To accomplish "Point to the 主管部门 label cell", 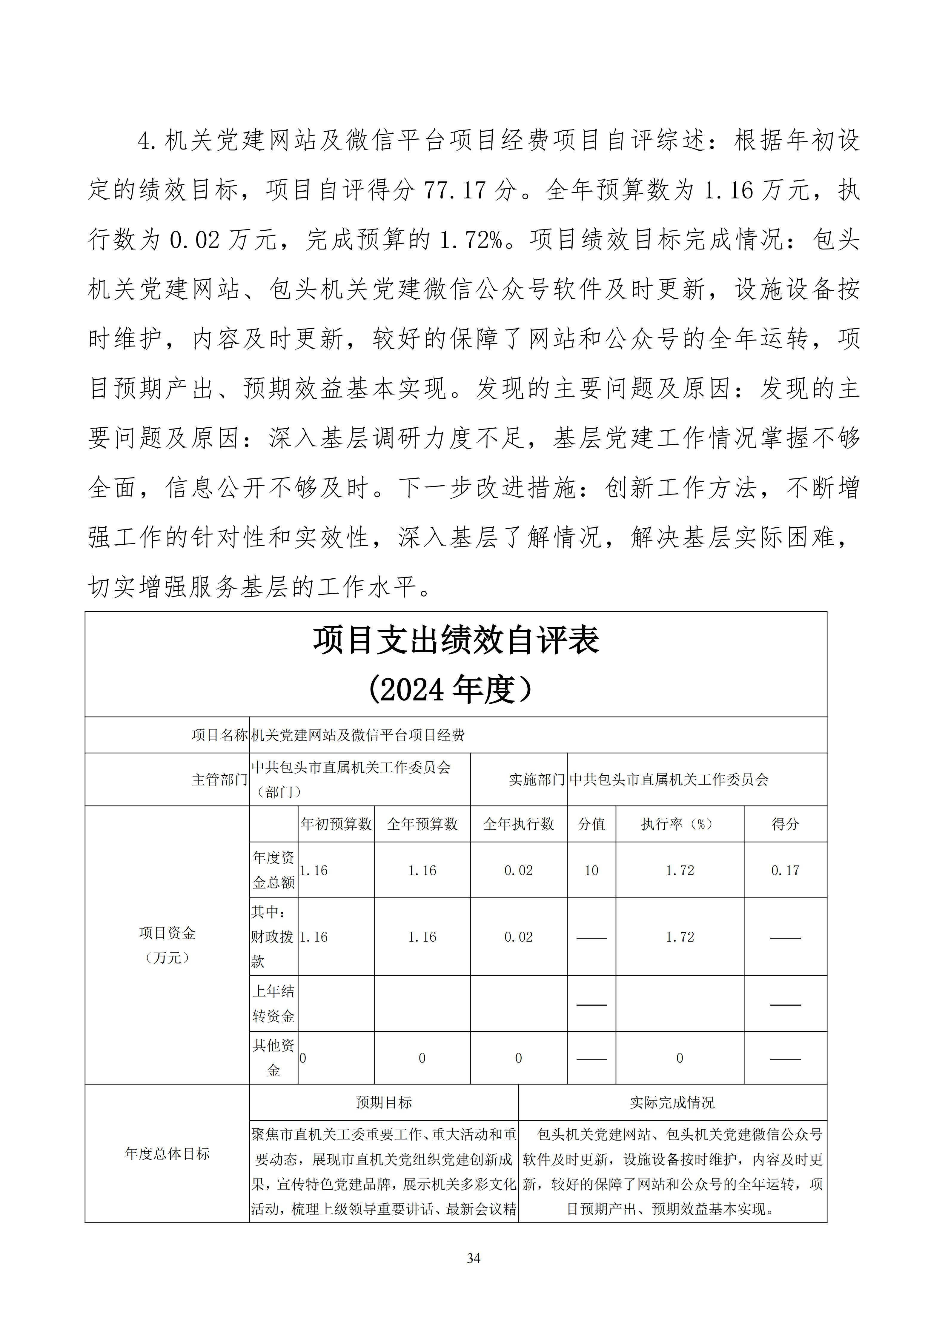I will click(219, 780).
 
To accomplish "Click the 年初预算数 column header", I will click(336, 824).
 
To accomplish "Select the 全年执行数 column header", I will click(518, 824).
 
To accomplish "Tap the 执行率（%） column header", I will click(680, 824).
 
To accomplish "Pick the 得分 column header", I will click(785, 824).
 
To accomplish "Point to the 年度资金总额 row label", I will click(273, 870).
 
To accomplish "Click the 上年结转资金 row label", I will click(273, 1004).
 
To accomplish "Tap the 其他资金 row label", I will click(273, 1058).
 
